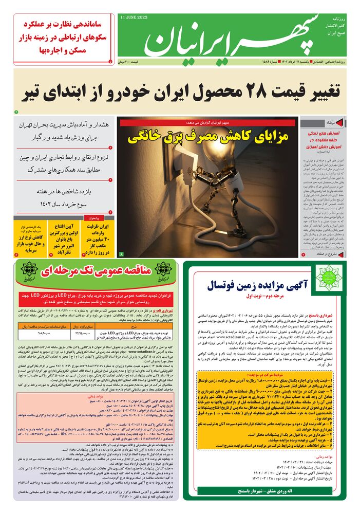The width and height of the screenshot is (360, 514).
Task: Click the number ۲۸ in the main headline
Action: click(x=215, y=93)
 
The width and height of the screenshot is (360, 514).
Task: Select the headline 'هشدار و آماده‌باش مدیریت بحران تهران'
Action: click(x=64, y=132)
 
